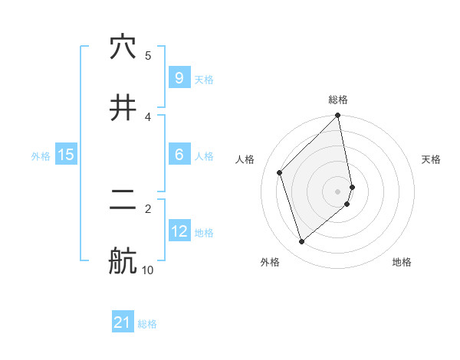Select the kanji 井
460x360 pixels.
[x=123, y=108]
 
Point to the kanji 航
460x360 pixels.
[x=123, y=261]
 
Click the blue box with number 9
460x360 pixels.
[x=179, y=77]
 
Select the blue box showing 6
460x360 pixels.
[x=179, y=155]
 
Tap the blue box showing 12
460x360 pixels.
[x=179, y=231]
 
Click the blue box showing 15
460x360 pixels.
[x=66, y=155]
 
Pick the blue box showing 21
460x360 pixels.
[x=123, y=322]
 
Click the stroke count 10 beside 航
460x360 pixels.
[x=147, y=270]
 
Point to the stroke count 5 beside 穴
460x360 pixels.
[x=148, y=55]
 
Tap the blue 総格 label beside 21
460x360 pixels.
[x=147, y=324]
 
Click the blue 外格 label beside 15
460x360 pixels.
[x=41, y=156]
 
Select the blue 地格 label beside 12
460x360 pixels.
[x=204, y=233]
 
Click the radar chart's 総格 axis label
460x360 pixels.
[x=338, y=100]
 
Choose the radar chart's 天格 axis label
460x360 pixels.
[x=432, y=159]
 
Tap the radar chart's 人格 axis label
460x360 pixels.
[x=245, y=159]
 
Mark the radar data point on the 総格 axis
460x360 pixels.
[x=338, y=116]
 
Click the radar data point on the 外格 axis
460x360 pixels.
[x=302, y=242]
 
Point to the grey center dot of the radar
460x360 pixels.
[x=338, y=191]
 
